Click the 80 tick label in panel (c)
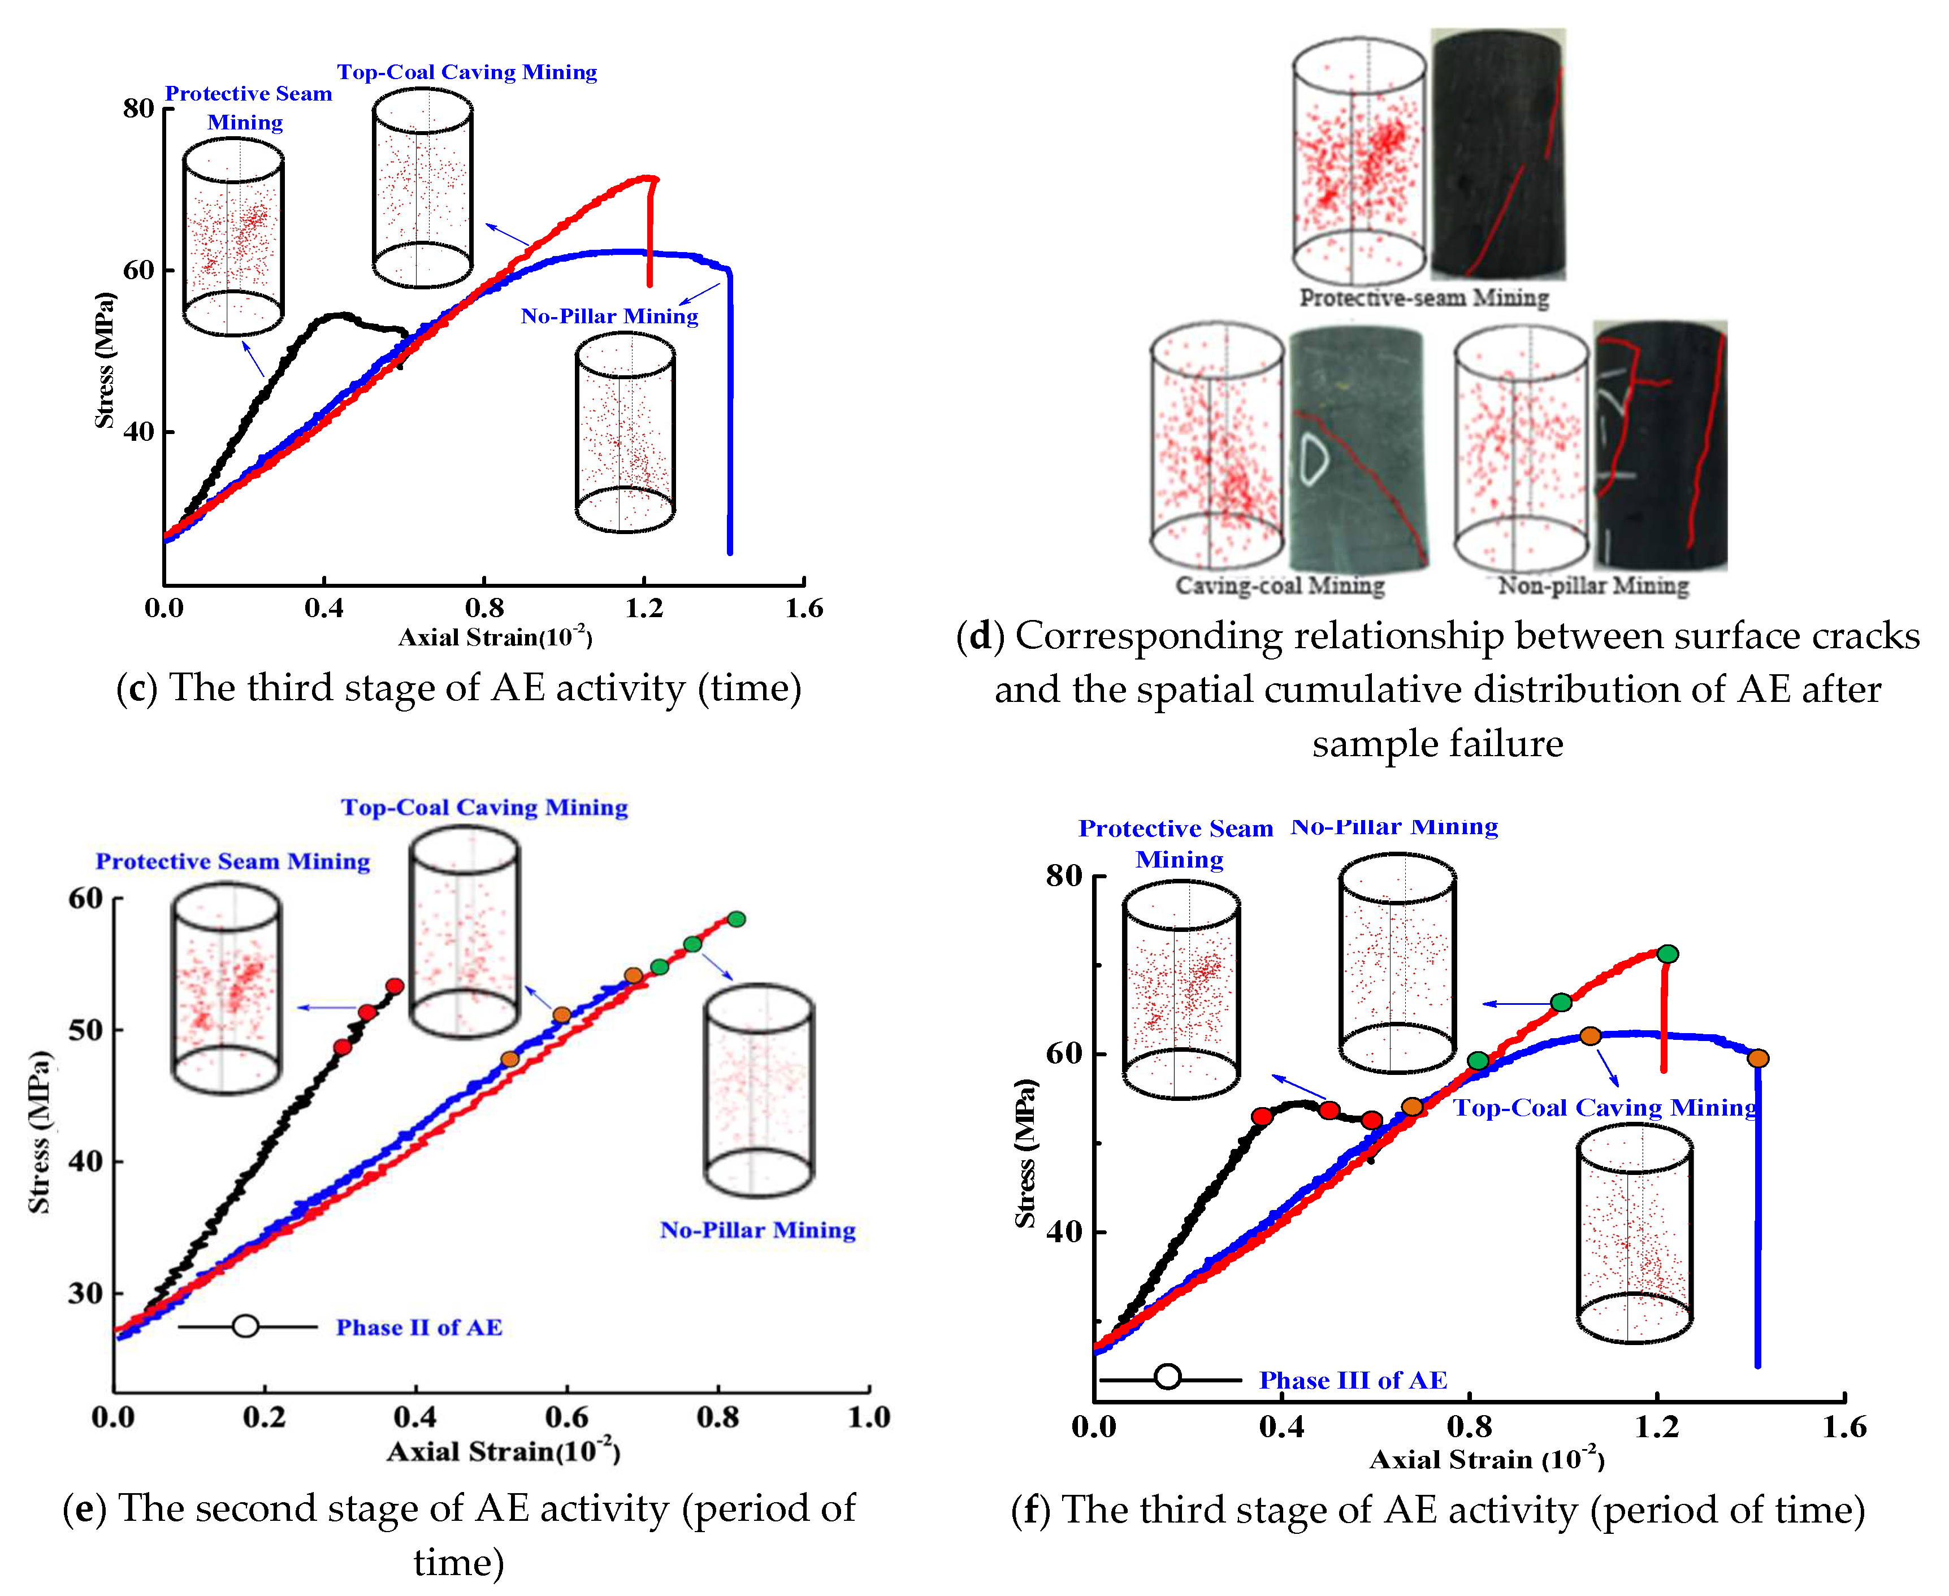coord(139,109)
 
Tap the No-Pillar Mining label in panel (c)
coord(609,316)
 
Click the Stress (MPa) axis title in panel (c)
coord(105,361)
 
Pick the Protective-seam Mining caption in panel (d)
coord(1423,298)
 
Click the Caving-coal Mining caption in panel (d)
coord(1280,586)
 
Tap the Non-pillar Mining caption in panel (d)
coord(1593,586)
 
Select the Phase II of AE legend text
coord(419,1328)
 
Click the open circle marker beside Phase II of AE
coord(245,1326)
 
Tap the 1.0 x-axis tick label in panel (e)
coord(869,1417)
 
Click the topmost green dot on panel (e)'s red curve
coord(737,918)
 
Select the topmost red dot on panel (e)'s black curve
coord(395,986)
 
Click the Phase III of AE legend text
coord(1353,1380)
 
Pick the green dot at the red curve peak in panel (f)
coord(1668,955)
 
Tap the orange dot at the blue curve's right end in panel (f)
coord(1758,1058)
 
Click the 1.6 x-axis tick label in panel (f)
coord(1844,1427)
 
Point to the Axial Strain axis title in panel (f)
coord(1487,1460)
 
